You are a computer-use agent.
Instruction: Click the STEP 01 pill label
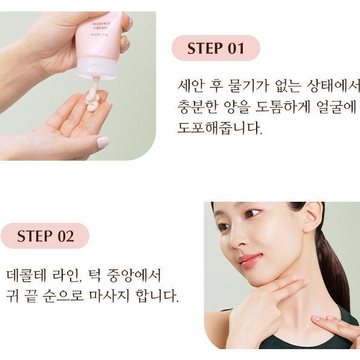point(216,48)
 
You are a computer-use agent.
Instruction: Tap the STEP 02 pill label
point(45,236)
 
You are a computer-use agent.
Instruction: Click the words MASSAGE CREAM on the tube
point(101,25)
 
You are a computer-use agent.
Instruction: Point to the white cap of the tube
point(97,67)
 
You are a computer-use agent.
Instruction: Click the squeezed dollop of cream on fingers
point(93,100)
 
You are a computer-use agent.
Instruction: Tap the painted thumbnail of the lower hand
point(102,142)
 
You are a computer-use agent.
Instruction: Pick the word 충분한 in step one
point(198,107)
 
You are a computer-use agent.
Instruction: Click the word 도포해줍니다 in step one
point(220,128)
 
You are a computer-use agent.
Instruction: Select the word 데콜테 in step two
point(27,276)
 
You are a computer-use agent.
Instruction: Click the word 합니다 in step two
point(157,296)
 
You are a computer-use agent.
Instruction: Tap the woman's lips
point(249,260)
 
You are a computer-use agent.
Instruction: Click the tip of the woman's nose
point(233,246)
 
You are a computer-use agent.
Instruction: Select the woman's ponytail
point(333,269)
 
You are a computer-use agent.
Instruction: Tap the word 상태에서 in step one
point(333,86)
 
